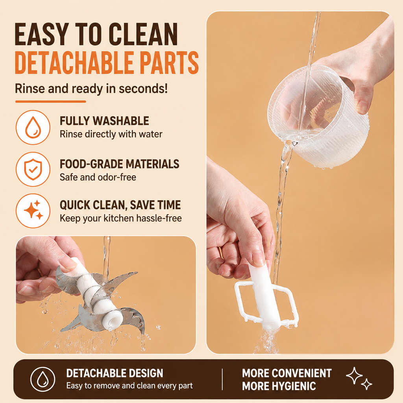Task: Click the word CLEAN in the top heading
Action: (x=143, y=34)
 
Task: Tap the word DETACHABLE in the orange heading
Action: (x=74, y=63)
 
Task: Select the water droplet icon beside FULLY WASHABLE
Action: (x=33, y=127)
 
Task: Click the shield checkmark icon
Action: (x=33, y=169)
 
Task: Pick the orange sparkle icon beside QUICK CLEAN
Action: (x=33, y=211)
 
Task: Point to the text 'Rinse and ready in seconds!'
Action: (x=91, y=89)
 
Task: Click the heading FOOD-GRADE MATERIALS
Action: (x=120, y=164)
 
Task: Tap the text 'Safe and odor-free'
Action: (x=98, y=177)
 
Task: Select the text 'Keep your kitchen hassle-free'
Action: (x=120, y=218)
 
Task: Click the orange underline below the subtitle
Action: (x=50, y=102)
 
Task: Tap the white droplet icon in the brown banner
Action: (x=43, y=379)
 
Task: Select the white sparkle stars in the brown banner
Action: (x=359, y=378)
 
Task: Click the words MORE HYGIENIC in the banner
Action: (x=279, y=386)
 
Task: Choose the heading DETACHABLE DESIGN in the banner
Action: (x=115, y=373)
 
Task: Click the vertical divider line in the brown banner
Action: (x=222, y=379)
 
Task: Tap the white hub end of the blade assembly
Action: (x=111, y=320)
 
